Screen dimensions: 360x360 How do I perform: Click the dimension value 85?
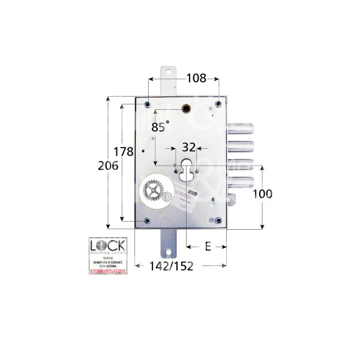pyautogui.click(x=158, y=127)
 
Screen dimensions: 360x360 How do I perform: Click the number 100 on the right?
pyautogui.click(x=263, y=194)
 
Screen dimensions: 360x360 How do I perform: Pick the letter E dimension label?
pyautogui.click(x=207, y=245)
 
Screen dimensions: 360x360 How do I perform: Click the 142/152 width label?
pyautogui.click(x=171, y=266)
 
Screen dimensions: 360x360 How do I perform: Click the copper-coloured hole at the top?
pyautogui.click(x=187, y=109)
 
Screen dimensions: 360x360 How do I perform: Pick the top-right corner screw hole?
pyautogui.click(x=218, y=104)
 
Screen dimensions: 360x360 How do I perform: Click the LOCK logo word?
pyautogui.click(x=107, y=247)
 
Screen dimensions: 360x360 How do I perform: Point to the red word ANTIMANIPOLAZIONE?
pyautogui.click(x=107, y=272)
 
